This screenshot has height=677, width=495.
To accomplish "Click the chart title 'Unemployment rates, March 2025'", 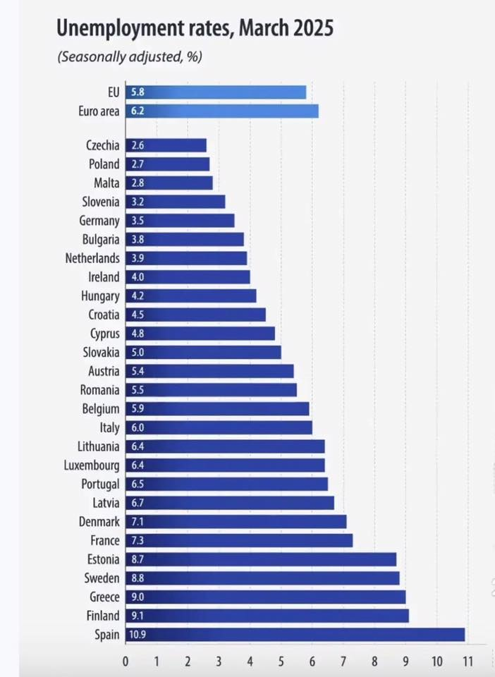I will (x=195, y=28).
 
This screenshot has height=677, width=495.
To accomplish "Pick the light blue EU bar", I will (x=216, y=92).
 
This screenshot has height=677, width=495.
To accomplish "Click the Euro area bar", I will (x=222, y=111).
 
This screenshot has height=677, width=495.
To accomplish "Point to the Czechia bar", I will (x=166, y=145).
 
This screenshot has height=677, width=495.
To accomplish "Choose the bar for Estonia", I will (x=261, y=559).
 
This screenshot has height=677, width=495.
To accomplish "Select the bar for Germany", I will (x=180, y=221).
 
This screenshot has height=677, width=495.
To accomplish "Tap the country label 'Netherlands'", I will (x=92, y=258).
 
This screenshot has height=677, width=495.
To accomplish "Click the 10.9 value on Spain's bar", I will (x=137, y=635).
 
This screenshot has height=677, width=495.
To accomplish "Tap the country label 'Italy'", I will (x=109, y=428).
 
